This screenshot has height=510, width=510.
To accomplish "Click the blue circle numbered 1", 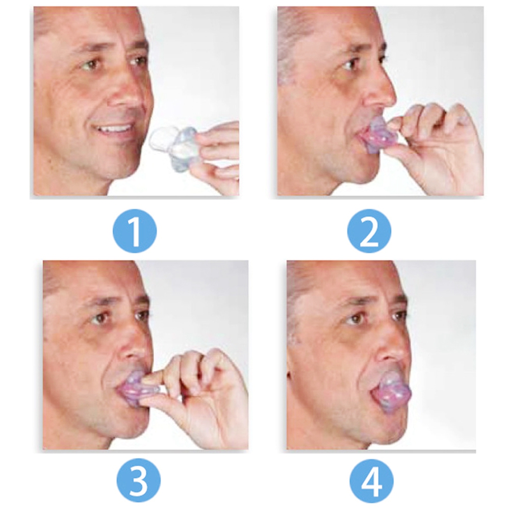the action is (135, 231).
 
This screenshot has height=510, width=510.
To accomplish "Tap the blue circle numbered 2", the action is (369, 231).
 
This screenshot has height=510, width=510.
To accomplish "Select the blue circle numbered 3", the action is (139, 481).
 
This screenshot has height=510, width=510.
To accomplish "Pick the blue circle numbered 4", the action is (371, 481).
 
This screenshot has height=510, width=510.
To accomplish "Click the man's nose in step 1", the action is (129, 94).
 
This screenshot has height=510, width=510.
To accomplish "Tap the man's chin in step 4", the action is (384, 429).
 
